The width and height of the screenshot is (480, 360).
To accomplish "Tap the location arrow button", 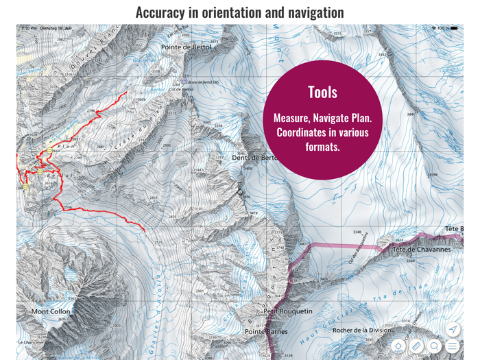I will [453, 330].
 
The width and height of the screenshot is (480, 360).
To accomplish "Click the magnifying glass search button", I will [435, 346].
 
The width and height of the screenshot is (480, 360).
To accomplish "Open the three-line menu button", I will [453, 346].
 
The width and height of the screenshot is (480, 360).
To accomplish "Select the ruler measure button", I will [416, 346].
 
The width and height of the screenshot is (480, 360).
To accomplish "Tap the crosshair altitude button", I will [398, 346].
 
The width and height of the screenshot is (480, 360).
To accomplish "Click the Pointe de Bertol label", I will [187, 47].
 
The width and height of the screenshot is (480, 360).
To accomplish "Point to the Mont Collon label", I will [51, 311].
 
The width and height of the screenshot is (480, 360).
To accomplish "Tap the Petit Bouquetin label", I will [288, 311].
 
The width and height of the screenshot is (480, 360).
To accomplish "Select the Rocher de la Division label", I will [361, 331].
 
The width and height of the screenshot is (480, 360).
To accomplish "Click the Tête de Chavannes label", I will [422, 250].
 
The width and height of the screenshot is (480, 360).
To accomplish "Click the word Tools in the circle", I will [322, 93].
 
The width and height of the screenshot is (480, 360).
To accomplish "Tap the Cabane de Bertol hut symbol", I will [183, 81].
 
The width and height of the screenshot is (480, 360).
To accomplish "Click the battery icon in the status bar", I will [453, 28].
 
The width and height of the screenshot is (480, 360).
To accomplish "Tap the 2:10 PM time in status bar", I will [29, 28].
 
